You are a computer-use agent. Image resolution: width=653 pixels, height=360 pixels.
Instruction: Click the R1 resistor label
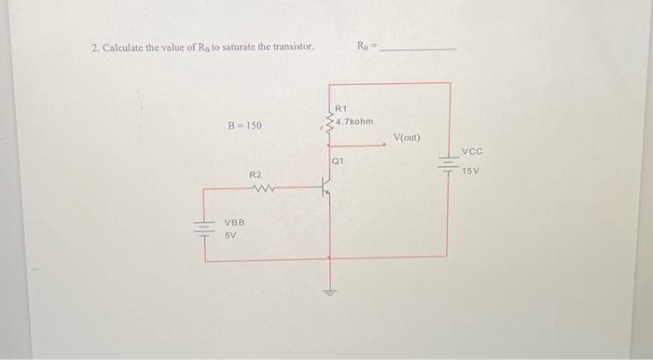(340, 109)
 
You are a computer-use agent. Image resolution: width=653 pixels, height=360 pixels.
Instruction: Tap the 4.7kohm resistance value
(354, 121)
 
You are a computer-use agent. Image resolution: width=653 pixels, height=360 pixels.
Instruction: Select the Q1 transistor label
(339, 161)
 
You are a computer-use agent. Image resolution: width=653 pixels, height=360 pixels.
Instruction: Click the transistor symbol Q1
(326, 189)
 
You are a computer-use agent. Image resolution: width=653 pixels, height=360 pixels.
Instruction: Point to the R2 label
(256, 174)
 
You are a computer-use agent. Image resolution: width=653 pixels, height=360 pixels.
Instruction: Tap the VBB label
(234, 223)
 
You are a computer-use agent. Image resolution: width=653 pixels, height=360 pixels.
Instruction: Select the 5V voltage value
(230, 236)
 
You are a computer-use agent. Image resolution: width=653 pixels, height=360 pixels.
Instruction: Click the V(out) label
(407, 137)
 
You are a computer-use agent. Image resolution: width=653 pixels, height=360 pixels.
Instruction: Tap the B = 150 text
(245, 124)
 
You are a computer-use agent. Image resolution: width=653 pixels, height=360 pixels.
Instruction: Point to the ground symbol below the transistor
(328, 289)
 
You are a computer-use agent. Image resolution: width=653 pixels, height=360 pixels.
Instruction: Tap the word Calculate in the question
(123, 48)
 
